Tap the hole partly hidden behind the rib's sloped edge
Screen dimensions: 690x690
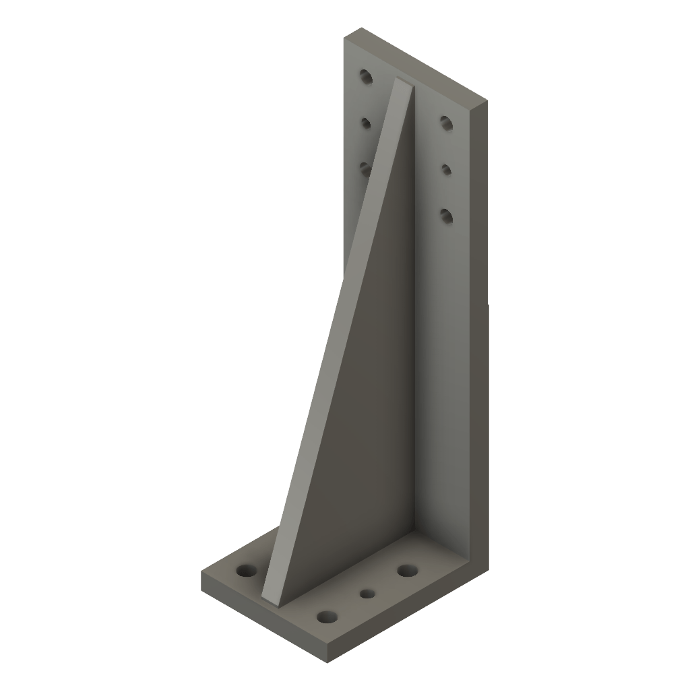365,168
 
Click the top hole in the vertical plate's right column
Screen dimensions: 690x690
445,122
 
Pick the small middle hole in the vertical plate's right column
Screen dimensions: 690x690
446,168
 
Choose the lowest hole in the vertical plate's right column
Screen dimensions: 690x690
445,215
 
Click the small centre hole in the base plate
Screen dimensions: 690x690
367,594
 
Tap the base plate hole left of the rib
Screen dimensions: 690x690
247,571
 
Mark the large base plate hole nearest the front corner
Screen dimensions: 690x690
327,616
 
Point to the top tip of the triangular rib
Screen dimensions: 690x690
403,81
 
